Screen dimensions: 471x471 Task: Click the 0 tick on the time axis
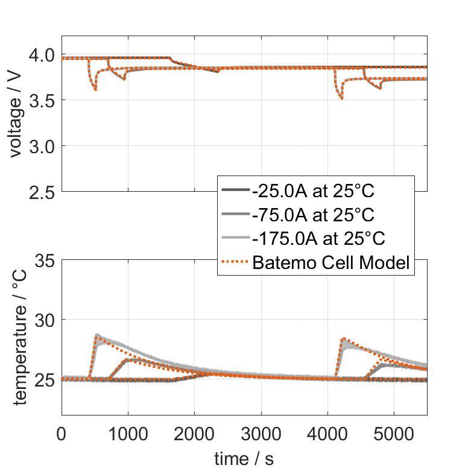[62, 432]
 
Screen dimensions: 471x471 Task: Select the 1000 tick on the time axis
[128, 432]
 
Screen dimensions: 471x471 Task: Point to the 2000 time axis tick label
[194, 432]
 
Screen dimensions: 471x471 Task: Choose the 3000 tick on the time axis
[261, 432]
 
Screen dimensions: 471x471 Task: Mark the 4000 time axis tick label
[327, 432]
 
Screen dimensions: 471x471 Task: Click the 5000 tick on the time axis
[394, 432]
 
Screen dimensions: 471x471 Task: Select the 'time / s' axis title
[244, 458]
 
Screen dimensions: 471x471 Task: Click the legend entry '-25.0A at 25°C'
[314, 192]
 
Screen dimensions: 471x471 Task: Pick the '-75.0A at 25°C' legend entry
[314, 215]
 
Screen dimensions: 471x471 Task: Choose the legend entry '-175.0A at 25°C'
[318, 239]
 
